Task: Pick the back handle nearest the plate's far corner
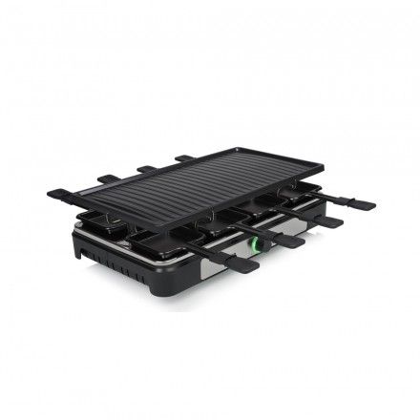(184, 157)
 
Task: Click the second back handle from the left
(110, 178)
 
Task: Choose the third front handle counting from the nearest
(325, 220)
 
